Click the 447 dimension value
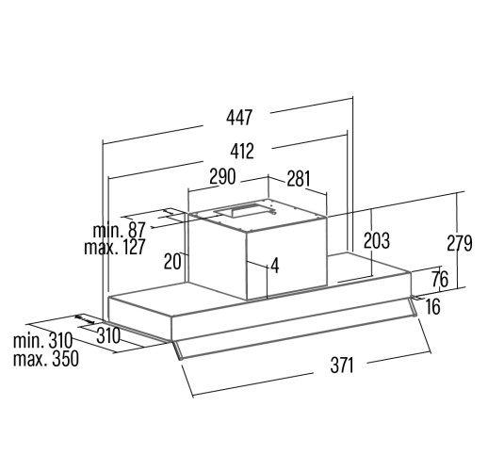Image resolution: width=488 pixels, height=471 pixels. pyautogui.click(x=239, y=117)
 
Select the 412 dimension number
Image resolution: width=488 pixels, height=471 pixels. pyautogui.click(x=242, y=151)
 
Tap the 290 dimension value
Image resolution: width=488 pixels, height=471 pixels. pyautogui.click(x=222, y=176)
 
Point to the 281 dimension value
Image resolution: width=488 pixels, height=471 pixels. pyautogui.click(x=299, y=179)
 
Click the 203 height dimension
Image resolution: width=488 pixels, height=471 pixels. pyautogui.click(x=377, y=240)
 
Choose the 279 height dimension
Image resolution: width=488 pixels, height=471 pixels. pyautogui.click(x=460, y=243)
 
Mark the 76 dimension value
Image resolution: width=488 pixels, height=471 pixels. pyautogui.click(x=440, y=279)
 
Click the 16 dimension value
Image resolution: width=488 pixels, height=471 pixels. pyautogui.click(x=433, y=306)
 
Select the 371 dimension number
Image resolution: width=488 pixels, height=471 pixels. pyautogui.click(x=342, y=365)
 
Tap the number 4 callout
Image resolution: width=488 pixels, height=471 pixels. pyautogui.click(x=275, y=266)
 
